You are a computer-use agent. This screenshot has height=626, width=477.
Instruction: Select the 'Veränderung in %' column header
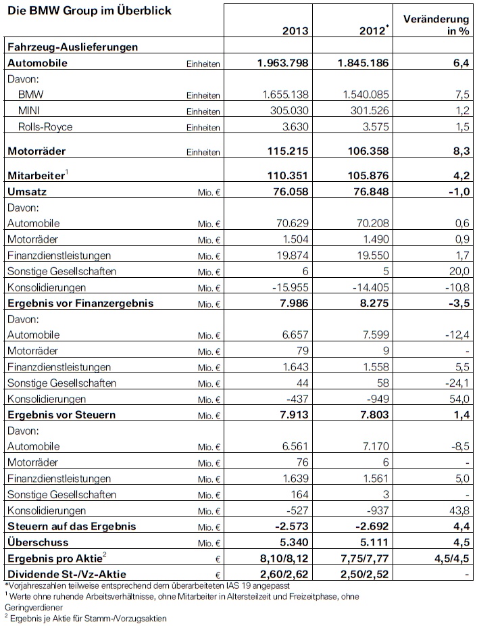click(437, 24)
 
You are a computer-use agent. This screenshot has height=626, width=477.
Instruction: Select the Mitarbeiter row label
click(36, 175)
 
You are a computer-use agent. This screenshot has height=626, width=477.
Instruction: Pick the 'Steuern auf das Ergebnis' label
click(71, 526)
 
